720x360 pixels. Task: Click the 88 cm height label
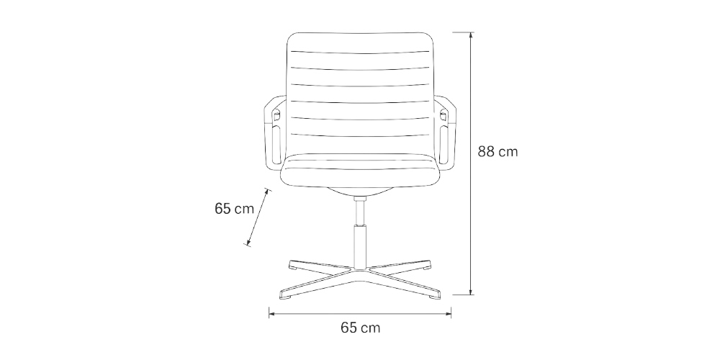pyautogui.click(x=498, y=152)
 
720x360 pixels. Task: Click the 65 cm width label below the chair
pyautogui.click(x=360, y=328)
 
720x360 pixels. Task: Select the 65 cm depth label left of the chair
pyautogui.click(x=234, y=210)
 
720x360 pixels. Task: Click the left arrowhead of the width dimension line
pyautogui.click(x=271, y=312)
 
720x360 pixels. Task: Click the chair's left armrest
pyautogui.click(x=274, y=133)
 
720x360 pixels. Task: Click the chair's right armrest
pyautogui.click(x=446, y=133)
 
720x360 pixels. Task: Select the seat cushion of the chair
pyautogui.click(x=360, y=171)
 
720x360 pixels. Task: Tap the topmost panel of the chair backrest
pyautogui.click(x=360, y=42)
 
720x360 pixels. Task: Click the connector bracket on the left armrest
pyautogui.click(x=276, y=114)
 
